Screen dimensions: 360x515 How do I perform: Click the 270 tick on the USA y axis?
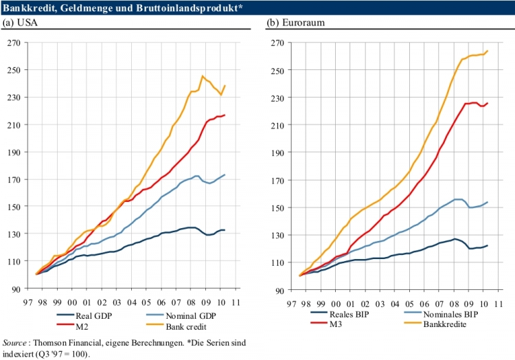click(13, 43)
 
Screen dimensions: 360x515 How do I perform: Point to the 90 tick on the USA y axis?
click(15, 289)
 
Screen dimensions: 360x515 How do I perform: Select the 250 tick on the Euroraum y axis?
click(277, 70)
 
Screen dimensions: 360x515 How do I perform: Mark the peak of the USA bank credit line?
click(203, 76)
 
